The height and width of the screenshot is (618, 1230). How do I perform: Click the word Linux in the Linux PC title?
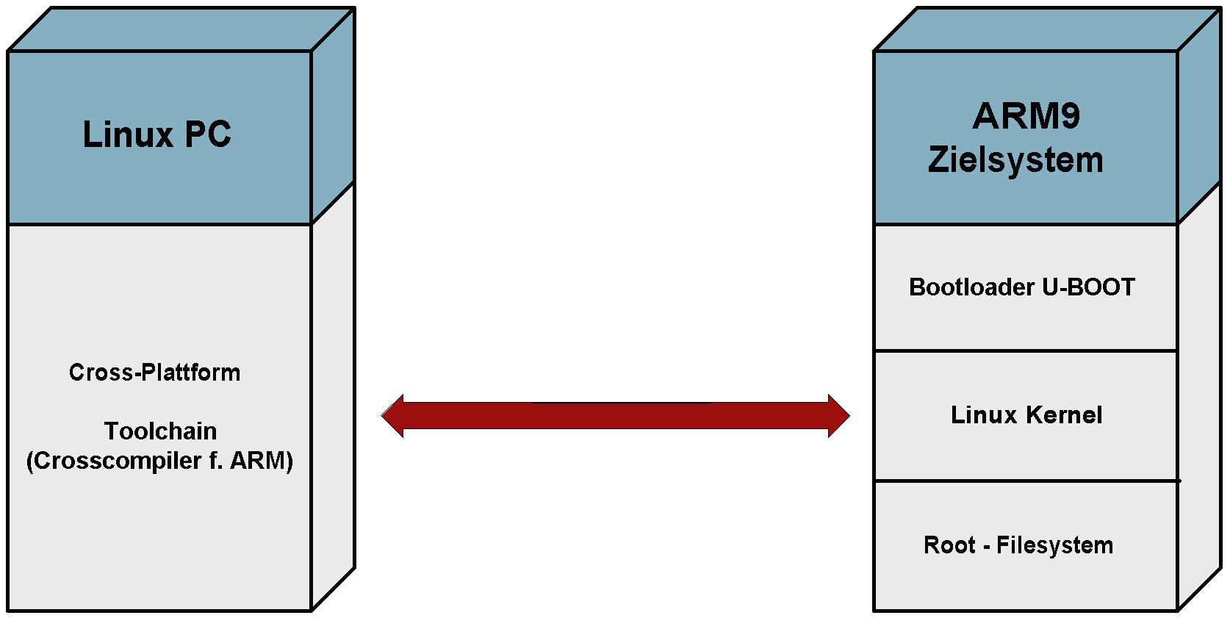pos(128,134)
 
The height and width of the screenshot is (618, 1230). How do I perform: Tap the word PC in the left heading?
pos(207,134)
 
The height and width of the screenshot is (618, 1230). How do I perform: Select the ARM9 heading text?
pos(1026,116)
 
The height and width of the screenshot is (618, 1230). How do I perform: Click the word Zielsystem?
pos(1015,160)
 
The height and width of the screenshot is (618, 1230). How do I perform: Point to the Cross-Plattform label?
pos(154,373)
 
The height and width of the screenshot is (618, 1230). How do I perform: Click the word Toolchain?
pos(160,431)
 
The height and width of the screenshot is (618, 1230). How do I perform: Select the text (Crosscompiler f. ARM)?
pos(159,461)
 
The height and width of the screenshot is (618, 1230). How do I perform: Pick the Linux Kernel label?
pos(1026,415)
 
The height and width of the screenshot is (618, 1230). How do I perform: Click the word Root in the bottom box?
pos(949,545)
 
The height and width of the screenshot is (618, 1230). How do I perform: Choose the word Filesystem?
pos(1054,545)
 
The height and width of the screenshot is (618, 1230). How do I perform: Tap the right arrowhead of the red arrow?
pos(838,416)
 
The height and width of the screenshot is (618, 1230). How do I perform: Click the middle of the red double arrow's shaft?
pos(616,416)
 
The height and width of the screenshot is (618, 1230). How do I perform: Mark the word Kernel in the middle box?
pos(1064,415)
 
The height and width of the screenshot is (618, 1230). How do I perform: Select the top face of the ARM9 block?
pos(1048,29)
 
